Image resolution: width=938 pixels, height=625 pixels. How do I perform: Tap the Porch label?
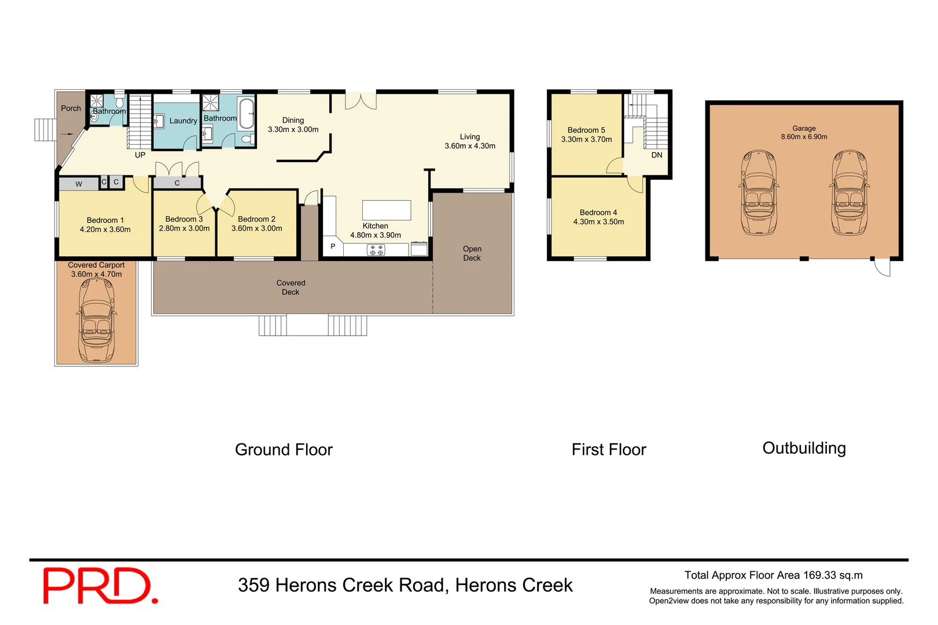71,108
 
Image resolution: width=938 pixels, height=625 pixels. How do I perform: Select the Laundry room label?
183,121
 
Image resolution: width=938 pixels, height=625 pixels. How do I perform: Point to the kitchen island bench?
387,210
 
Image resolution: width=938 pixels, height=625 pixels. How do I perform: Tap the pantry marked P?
333,247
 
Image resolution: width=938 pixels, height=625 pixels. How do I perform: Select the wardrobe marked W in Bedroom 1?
79,184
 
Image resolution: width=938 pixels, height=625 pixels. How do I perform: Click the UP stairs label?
140,155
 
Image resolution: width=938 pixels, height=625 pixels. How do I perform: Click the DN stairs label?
657,155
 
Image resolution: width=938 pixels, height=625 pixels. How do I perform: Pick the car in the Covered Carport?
96,313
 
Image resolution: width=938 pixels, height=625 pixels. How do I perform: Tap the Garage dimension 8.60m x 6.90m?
804,137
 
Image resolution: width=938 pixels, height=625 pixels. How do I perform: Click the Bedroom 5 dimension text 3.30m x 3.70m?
586,139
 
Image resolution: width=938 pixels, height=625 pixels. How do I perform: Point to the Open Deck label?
472,253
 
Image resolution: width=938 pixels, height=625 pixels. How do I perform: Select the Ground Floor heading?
284,450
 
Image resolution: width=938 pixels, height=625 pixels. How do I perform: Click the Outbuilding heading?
804,448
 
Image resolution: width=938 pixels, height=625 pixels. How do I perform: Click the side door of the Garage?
882,267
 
